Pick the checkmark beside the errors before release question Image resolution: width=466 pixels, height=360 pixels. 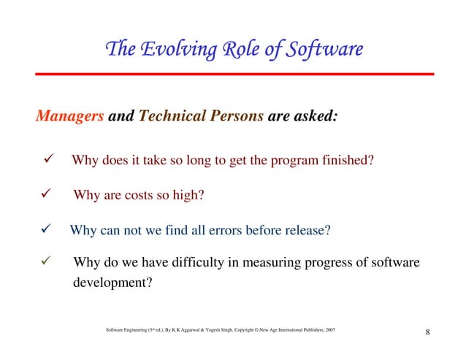point(43,231)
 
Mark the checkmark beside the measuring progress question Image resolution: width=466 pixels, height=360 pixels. point(44,261)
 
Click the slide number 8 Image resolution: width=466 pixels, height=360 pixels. point(427,335)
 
